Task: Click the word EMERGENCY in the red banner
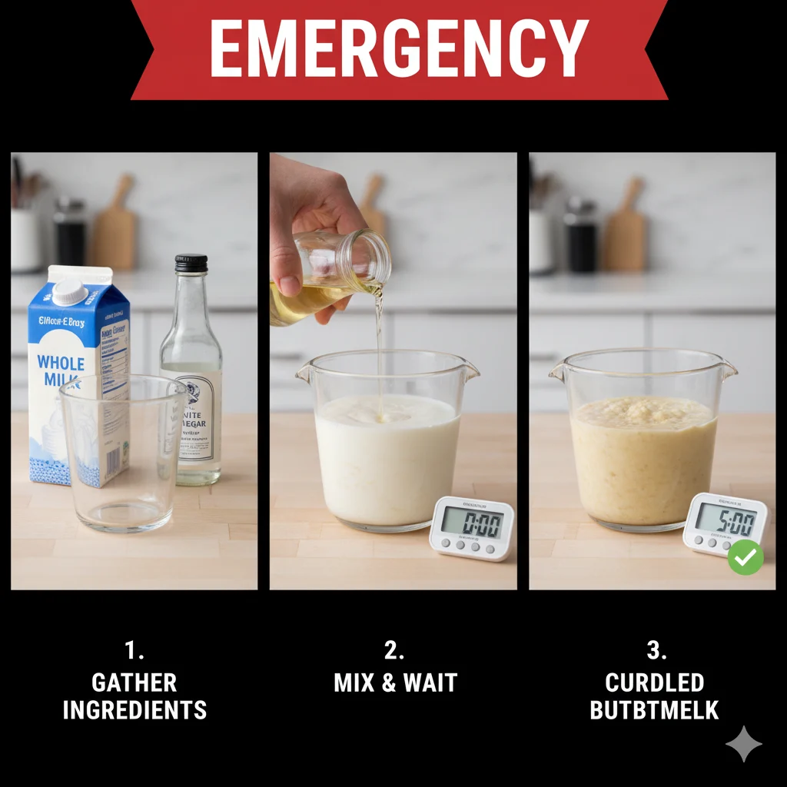coord(399,48)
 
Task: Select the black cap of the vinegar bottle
coord(191,264)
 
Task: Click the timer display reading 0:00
coord(473,524)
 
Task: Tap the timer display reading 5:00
coord(726,521)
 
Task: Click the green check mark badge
coord(745,557)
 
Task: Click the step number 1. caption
coord(134,651)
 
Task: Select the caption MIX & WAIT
coord(395,682)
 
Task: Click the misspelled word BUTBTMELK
coord(654,710)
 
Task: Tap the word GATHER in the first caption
coord(134,682)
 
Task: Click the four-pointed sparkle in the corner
coord(743,743)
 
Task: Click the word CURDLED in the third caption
coord(654,682)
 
